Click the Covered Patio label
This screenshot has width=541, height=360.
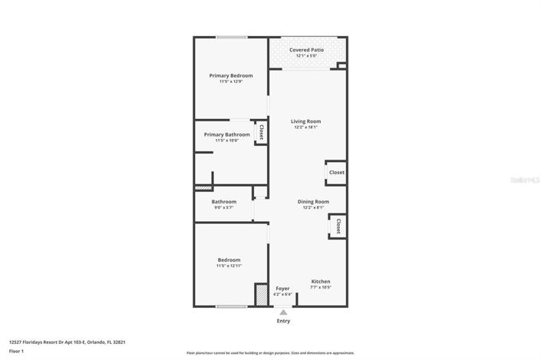tap(306, 50)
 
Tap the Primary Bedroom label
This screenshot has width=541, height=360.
tap(231, 76)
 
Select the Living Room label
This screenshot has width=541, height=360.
tap(305, 121)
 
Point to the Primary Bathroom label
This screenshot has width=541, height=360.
tap(226, 134)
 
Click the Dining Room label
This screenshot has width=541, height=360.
tap(313, 201)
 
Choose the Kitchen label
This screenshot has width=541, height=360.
tap(321, 282)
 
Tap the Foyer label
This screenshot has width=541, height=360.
tap(282, 288)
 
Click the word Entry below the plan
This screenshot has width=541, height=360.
tap(283, 321)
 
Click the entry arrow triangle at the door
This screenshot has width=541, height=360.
tap(283, 312)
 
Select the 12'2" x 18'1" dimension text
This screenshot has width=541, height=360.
tap(305, 127)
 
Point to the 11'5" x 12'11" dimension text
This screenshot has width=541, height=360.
tap(229, 266)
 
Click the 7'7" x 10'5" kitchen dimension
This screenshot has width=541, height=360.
tap(321, 288)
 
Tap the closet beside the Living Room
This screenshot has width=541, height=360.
tap(336, 173)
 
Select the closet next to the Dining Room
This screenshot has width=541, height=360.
tap(337, 226)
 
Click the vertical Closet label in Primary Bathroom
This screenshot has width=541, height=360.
tap(261, 131)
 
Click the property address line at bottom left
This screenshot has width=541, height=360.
tap(67, 342)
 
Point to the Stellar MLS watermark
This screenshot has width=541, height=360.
tap(525, 180)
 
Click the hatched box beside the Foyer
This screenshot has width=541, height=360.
tap(261, 295)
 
